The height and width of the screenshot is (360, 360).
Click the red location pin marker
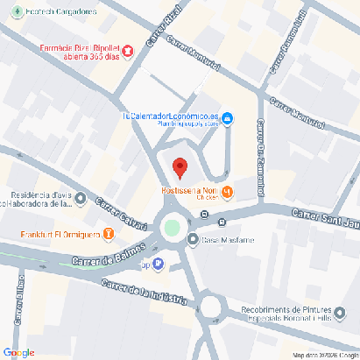pyautogui.click(x=180, y=166)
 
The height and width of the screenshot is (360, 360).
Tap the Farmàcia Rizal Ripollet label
pyautogui.click(x=78, y=53)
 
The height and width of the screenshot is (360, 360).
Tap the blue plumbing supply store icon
pyautogui.click(x=227, y=118)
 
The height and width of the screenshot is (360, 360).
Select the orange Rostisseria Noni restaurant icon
pyautogui.click(x=227, y=192)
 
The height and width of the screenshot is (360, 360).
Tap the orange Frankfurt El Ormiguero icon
pyautogui.click(x=108, y=234)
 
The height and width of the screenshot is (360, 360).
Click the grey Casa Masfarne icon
pyautogui.click(x=193, y=239)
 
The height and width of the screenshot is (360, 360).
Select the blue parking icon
pyautogui.click(x=158, y=263)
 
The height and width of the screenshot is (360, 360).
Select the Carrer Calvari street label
pyautogui.click(x=119, y=211)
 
